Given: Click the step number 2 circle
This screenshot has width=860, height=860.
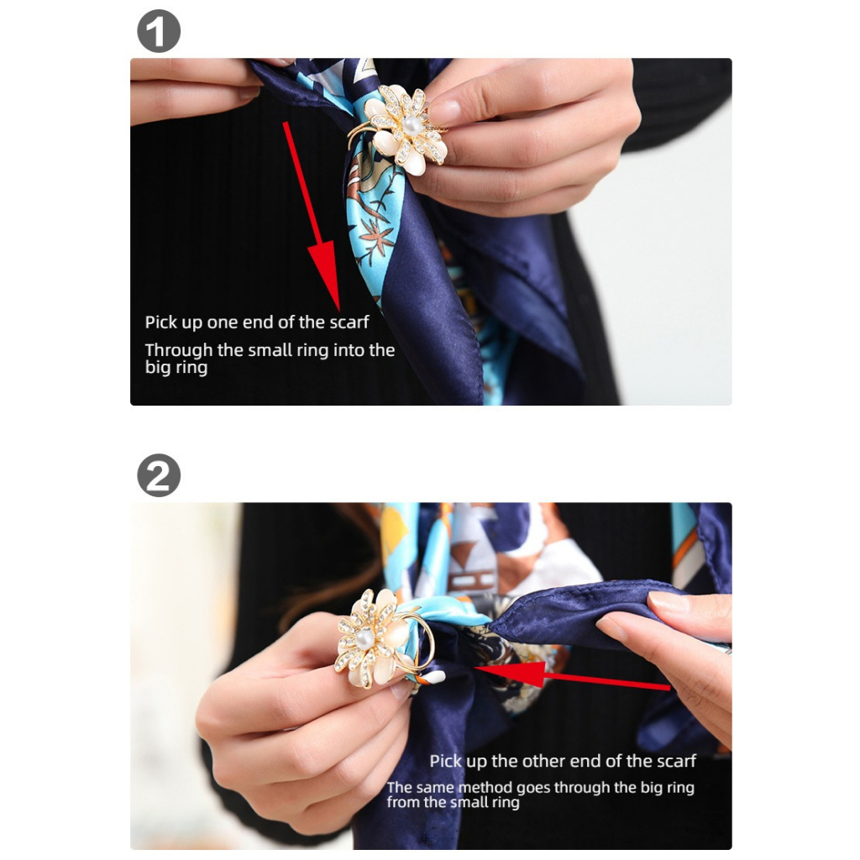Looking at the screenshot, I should (159, 475).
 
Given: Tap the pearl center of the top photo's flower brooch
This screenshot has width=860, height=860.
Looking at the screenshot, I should (411, 125).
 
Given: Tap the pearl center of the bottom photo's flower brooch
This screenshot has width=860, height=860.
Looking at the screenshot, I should (364, 642).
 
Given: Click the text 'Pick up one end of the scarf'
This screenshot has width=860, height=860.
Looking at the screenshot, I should (257, 322).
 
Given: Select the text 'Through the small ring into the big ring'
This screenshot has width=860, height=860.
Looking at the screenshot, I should (269, 359).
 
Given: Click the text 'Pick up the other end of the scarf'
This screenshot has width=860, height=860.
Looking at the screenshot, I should (563, 762).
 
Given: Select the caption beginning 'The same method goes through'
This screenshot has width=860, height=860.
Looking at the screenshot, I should (540, 794).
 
